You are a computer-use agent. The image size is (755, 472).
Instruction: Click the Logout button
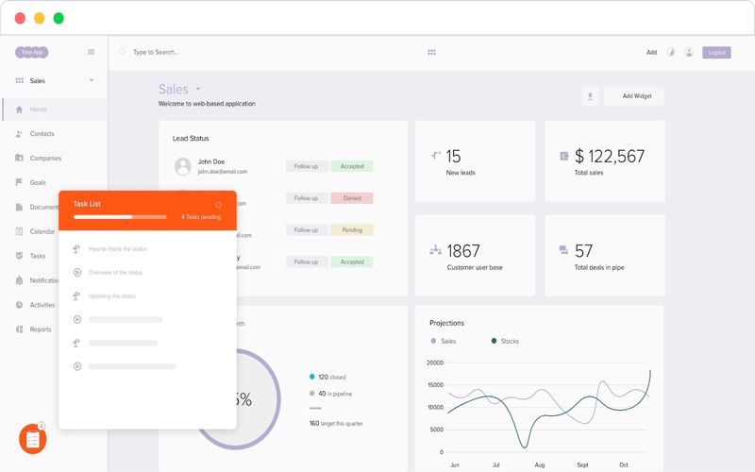[x=716, y=53]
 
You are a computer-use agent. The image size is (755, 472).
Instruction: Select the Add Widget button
[x=636, y=96]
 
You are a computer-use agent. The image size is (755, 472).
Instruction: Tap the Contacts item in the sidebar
[x=42, y=134]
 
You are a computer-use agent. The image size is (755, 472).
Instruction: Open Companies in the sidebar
[x=45, y=159]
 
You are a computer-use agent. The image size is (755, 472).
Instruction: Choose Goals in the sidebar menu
[x=38, y=183]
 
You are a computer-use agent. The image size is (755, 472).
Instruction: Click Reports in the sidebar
[x=41, y=329]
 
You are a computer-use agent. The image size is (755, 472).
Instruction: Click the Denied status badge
[x=352, y=198]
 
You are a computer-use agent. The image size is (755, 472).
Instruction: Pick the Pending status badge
[x=352, y=230]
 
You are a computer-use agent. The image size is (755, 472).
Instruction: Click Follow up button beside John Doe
[x=306, y=166]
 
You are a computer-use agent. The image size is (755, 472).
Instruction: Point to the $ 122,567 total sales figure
[x=610, y=157]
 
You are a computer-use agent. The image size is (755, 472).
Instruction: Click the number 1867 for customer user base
[x=463, y=251]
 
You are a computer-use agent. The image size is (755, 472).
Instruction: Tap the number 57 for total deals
[x=583, y=251]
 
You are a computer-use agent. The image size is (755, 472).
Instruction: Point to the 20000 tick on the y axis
[x=434, y=362]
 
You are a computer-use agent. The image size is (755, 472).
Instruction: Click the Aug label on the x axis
[x=540, y=465]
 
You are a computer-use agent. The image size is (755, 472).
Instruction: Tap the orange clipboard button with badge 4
[x=32, y=439]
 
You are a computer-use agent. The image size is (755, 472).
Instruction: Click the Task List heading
[x=87, y=204]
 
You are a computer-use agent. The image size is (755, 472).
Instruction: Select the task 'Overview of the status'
[x=115, y=273]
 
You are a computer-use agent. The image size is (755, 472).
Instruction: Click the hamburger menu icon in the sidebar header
[x=92, y=53]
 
